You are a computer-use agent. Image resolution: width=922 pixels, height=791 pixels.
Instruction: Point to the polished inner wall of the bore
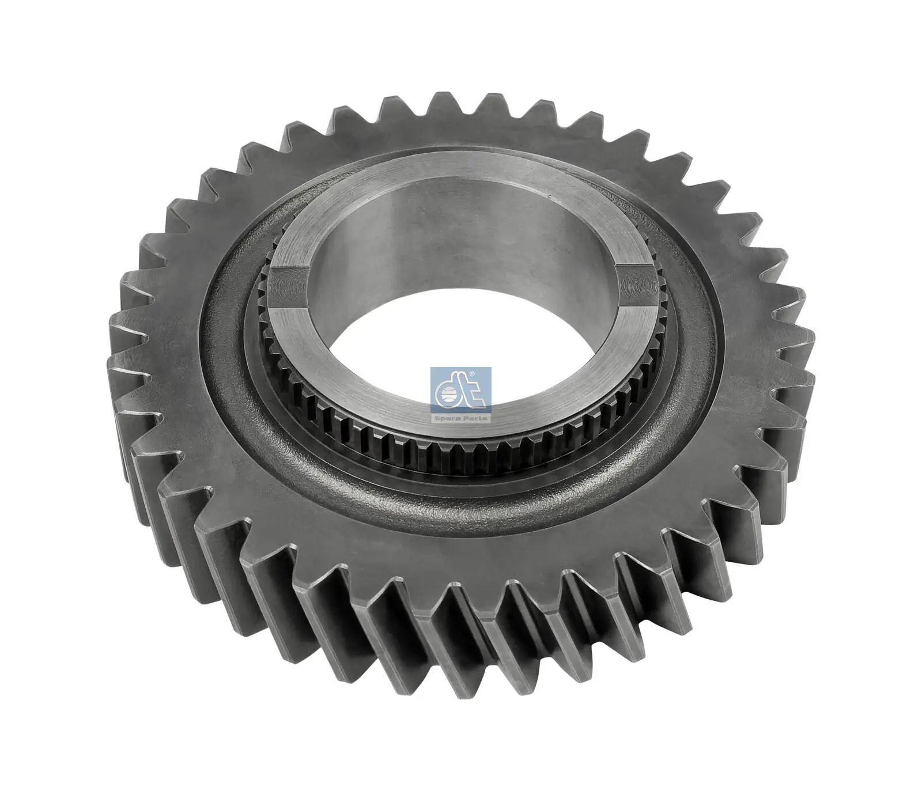click(x=461, y=242)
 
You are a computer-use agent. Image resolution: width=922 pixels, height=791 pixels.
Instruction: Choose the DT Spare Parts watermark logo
click(x=460, y=395)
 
